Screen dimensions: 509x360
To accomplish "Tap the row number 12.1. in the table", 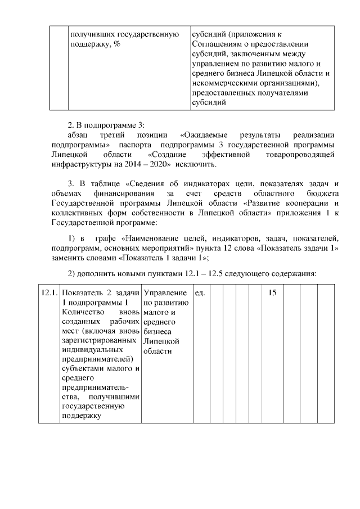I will [x=48, y=293].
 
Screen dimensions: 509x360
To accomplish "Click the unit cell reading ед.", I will [x=200, y=293].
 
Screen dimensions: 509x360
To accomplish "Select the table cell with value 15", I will [x=272, y=293].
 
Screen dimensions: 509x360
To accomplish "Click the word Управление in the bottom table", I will [x=165, y=293].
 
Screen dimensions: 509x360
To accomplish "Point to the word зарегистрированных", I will [x=99, y=340].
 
